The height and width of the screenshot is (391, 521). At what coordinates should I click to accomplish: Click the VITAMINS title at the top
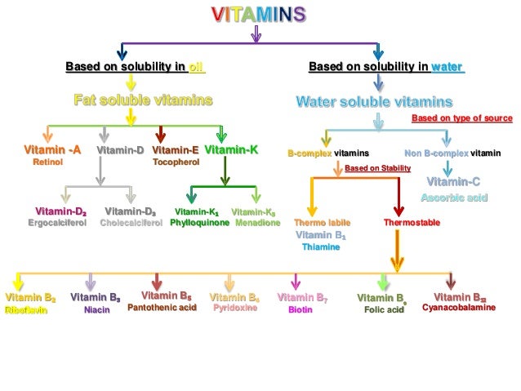[x=259, y=14]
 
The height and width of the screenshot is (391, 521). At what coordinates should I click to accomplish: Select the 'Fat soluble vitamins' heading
[x=143, y=100]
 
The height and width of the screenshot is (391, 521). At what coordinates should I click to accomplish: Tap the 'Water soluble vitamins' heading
[x=373, y=103]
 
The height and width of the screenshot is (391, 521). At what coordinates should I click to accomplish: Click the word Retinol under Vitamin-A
[x=47, y=162]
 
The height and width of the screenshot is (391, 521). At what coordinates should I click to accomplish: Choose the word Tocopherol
[x=176, y=162]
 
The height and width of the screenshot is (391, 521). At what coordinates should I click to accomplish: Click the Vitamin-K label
[x=231, y=150]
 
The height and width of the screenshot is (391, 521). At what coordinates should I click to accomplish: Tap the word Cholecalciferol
[x=131, y=222]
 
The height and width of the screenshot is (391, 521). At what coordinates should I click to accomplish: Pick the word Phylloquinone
[x=199, y=222]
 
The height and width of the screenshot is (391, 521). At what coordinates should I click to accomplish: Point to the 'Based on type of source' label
[x=461, y=118]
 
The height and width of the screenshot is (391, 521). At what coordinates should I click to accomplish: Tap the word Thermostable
[x=412, y=222]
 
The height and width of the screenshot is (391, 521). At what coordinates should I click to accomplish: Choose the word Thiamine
[x=321, y=247]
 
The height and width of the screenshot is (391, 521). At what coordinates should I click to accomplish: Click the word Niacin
[x=96, y=310]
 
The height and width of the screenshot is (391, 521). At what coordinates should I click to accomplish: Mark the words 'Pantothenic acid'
[x=163, y=308]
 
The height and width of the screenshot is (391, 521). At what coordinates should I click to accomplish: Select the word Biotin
[x=301, y=310]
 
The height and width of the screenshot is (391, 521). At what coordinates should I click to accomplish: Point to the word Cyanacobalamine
[x=459, y=308]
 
